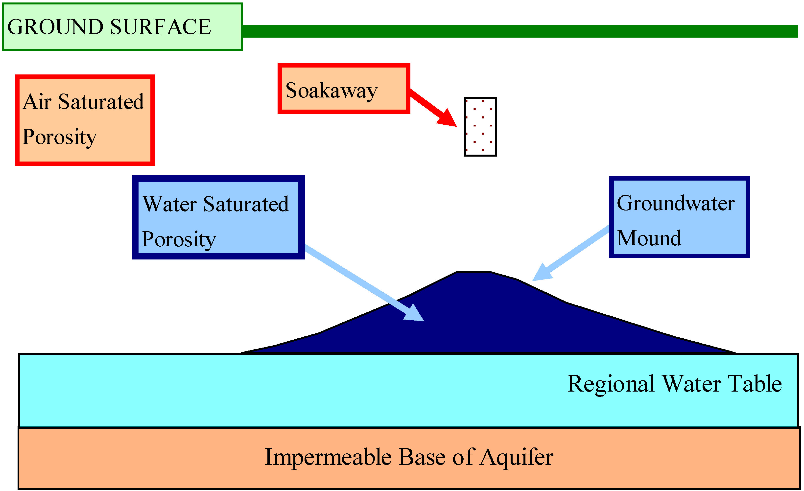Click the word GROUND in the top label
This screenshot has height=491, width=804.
click(x=55, y=27)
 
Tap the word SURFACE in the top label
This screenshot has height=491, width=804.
click(x=161, y=27)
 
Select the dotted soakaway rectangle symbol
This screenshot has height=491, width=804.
click(x=480, y=127)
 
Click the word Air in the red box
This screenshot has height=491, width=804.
click(x=37, y=102)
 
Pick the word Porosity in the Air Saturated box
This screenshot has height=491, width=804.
click(x=59, y=137)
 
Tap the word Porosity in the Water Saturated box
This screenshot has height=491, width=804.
click(x=179, y=239)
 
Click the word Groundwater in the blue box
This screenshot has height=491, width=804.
click(x=675, y=203)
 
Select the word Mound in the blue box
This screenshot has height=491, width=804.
click(x=649, y=238)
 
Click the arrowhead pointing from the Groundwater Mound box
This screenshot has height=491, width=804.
click(x=542, y=273)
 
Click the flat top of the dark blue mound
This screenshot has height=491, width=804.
click(x=473, y=274)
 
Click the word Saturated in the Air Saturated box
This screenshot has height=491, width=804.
click(x=101, y=102)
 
